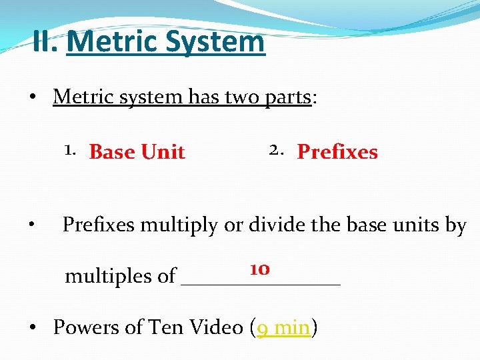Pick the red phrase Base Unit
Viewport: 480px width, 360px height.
point(137,152)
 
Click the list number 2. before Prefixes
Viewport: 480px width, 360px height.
point(278,151)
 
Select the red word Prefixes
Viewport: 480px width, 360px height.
point(337,152)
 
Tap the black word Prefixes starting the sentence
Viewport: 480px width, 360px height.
point(102,225)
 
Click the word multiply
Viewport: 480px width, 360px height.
point(184,226)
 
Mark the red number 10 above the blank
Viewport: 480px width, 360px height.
point(259,269)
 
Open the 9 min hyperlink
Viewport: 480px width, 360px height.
point(284,327)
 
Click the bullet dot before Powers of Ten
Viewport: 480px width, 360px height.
point(33,328)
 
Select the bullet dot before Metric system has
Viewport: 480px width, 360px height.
point(33,97)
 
